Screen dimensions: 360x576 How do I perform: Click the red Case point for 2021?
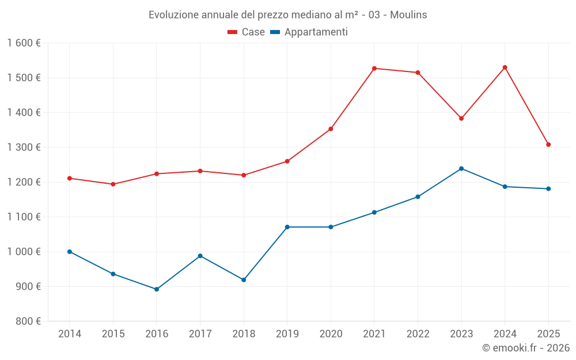pyautogui.click(x=374, y=69)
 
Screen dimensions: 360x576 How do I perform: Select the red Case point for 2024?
pyautogui.click(x=505, y=67)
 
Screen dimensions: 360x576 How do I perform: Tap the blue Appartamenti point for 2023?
pyautogui.click(x=461, y=169)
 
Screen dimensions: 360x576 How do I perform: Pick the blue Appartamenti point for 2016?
pyautogui.click(x=157, y=289)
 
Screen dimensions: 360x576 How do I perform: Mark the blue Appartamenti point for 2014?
pyautogui.click(x=70, y=252)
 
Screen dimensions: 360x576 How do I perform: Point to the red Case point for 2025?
pyautogui.click(x=548, y=145)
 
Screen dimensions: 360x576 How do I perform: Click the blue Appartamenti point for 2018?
pyautogui.click(x=244, y=280)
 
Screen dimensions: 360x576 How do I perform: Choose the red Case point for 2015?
pyautogui.click(x=113, y=184)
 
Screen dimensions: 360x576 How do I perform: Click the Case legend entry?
pyautogui.click(x=247, y=32)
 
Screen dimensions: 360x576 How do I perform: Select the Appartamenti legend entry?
pyautogui.click(x=309, y=32)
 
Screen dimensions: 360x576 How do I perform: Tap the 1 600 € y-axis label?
pyautogui.click(x=24, y=43)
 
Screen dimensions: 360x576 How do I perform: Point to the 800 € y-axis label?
pyautogui.click(x=27, y=321)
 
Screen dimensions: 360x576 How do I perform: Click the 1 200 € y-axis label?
pyautogui.click(x=24, y=182)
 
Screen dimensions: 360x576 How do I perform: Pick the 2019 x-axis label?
pyautogui.click(x=287, y=334)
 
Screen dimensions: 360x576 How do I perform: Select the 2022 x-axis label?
pyautogui.click(x=418, y=334)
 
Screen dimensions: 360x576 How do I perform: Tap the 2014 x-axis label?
pyautogui.click(x=70, y=334)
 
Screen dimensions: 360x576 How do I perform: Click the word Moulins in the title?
pyautogui.click(x=408, y=15)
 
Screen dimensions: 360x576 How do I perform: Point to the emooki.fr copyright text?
pyautogui.click(x=526, y=348)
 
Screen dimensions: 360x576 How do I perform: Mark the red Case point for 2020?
pyautogui.click(x=331, y=129)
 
